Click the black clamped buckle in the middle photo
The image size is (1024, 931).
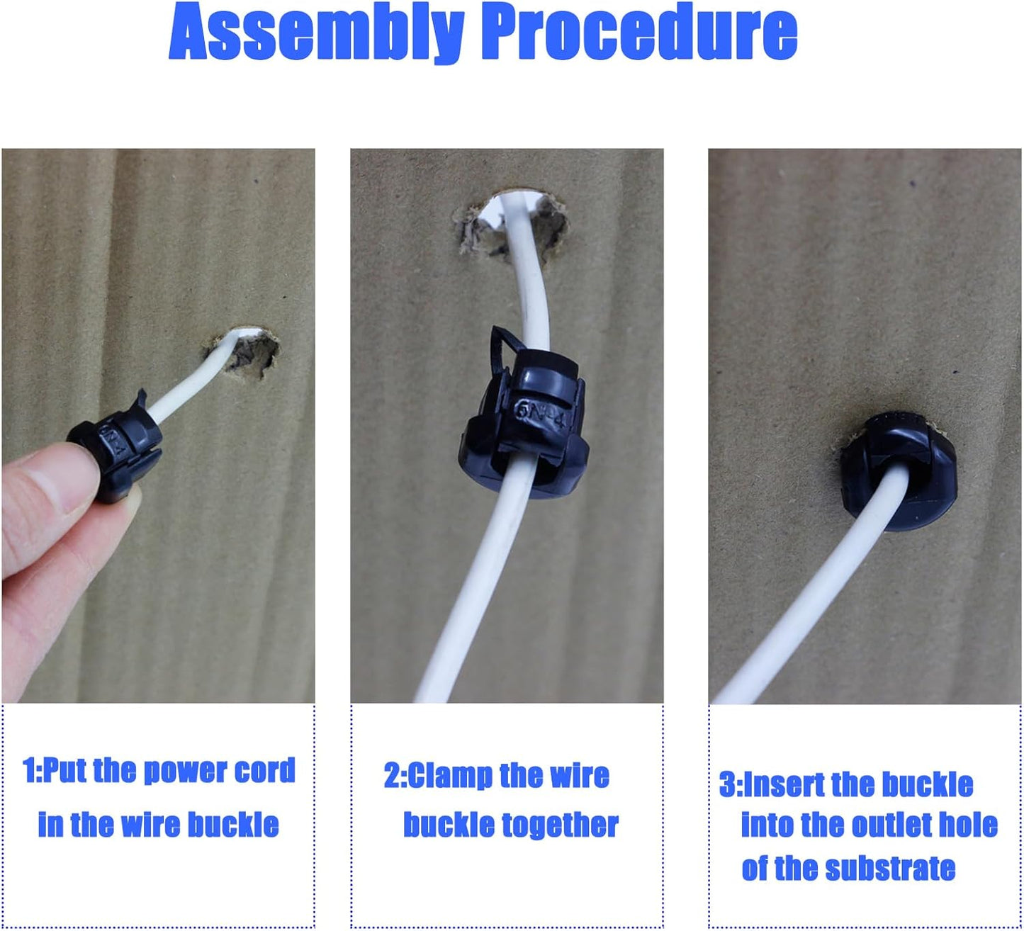click(524, 425)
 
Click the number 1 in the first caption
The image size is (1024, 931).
click(29, 770)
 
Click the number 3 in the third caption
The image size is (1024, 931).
click(727, 785)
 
